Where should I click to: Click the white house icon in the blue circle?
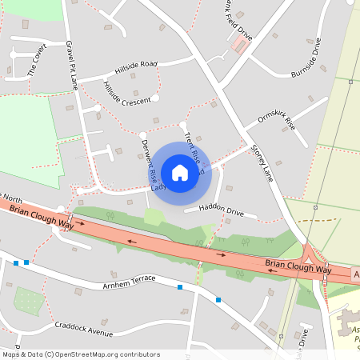point(180,172)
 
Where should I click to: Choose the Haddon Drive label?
point(220,209)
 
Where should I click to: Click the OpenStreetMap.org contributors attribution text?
point(104,354)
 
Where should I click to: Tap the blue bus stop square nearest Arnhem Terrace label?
point(180,286)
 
